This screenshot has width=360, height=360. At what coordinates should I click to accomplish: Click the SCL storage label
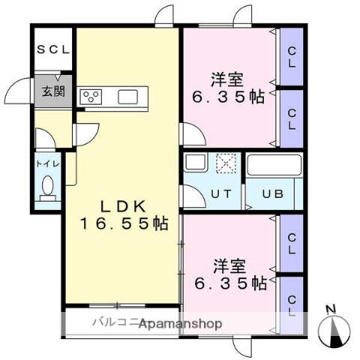point(52,50)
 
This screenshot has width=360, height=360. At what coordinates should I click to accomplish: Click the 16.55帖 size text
point(124,223)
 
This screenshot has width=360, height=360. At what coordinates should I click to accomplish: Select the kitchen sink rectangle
point(127,96)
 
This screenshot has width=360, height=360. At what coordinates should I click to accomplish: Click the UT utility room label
point(220,193)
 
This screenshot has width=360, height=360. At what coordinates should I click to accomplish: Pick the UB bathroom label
point(272,193)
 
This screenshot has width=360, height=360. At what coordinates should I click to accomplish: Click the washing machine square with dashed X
point(226,163)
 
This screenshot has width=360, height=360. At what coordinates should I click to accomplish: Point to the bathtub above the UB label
point(274,164)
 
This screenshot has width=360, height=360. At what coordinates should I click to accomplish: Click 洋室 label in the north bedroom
point(227,78)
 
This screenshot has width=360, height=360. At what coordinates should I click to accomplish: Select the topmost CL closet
point(291,57)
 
